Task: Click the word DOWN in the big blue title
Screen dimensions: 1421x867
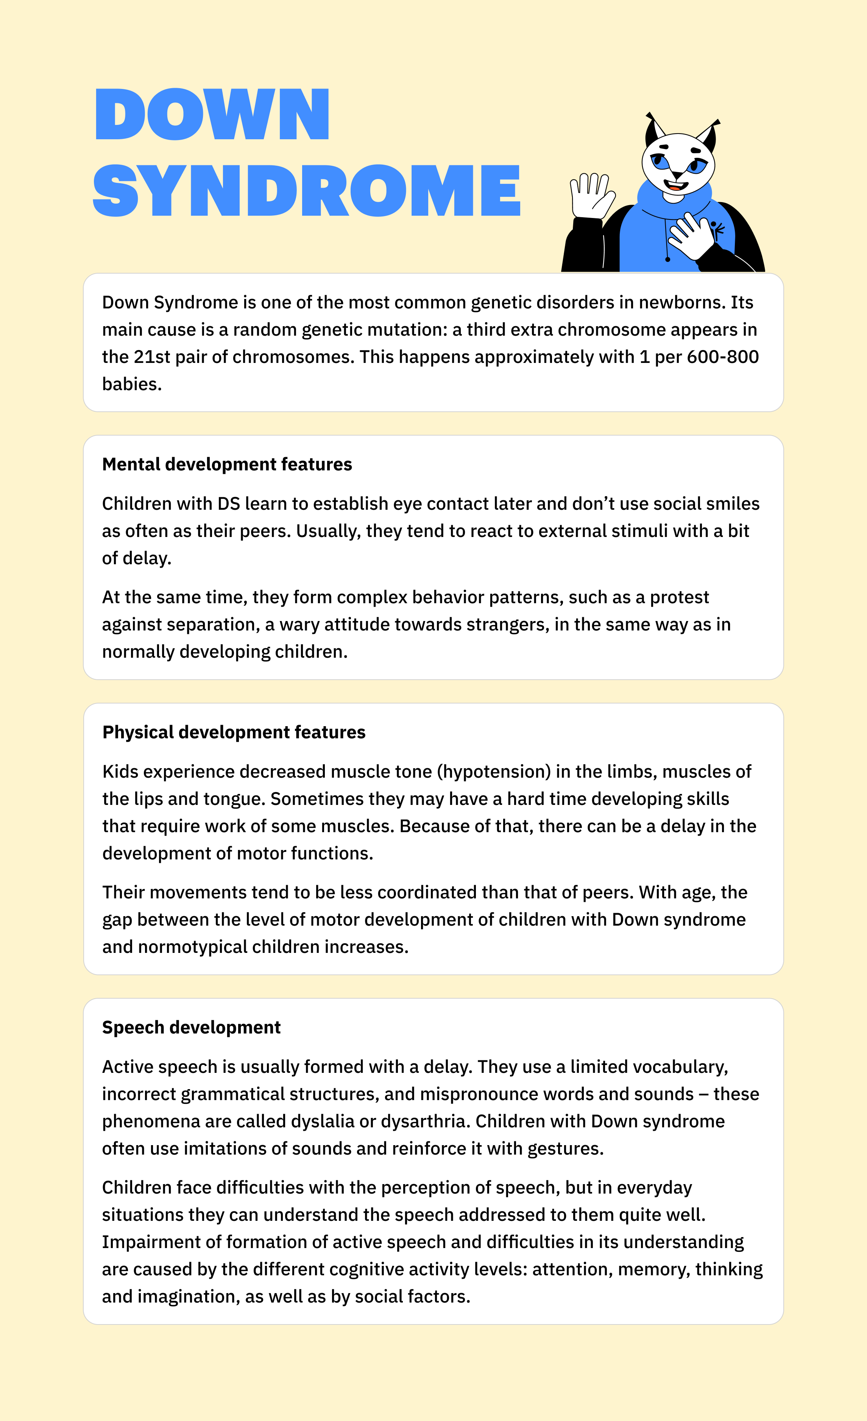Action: pos(212,114)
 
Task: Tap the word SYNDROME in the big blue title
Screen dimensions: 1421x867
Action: pos(306,190)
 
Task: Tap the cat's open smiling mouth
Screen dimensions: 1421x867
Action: pos(675,186)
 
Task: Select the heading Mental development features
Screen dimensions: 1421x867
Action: pos(227,464)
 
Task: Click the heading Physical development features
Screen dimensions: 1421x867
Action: pos(234,732)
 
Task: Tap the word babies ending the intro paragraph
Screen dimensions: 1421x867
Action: pos(131,384)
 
